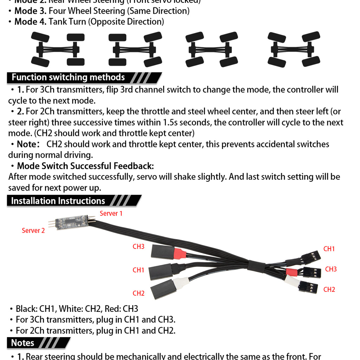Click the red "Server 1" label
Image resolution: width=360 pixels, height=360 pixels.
tap(111, 213)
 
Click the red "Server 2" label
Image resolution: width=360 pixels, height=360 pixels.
tap(33, 231)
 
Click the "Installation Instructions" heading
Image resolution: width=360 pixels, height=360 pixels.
tap(58, 201)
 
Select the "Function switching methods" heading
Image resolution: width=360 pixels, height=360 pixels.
tap(68, 77)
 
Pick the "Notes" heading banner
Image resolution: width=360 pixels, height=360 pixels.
tap(23, 343)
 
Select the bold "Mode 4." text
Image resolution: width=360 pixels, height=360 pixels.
tap(30, 22)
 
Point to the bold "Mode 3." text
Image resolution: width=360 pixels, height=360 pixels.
tap(30, 11)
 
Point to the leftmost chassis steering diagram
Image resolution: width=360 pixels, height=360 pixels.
tap(58, 50)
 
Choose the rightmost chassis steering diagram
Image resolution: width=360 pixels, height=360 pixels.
tap(294, 50)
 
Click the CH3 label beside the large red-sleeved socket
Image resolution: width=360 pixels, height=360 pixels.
tap(139, 246)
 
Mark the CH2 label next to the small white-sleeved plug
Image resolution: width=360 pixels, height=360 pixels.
tap(329, 290)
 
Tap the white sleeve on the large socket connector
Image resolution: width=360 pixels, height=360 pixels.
tap(180, 282)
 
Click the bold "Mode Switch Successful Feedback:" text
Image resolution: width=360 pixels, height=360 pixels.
tap(85, 166)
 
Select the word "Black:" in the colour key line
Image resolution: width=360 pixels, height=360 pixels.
tap(27, 309)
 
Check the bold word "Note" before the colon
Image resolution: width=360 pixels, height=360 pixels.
tap(26, 144)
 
